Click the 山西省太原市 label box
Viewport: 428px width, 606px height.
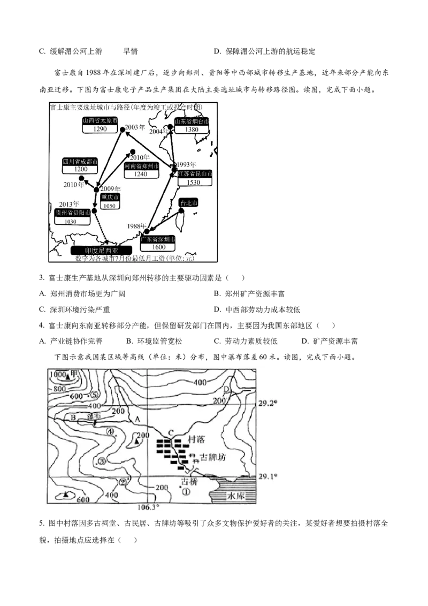coord(100,121)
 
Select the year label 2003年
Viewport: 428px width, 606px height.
coord(135,128)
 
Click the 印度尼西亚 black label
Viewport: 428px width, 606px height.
coord(101,250)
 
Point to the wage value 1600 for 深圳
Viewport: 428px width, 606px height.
coord(158,247)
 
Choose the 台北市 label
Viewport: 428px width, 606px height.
coord(188,203)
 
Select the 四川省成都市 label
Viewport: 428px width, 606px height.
coord(80,161)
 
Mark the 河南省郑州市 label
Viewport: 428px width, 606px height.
coord(142,166)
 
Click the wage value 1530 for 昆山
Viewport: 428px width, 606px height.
coord(194,182)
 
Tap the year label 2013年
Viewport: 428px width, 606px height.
coord(69,204)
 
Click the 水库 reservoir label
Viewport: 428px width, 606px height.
coord(235,496)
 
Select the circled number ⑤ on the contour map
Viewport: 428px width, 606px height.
coord(94,395)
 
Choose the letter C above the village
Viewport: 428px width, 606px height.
coord(171,434)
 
